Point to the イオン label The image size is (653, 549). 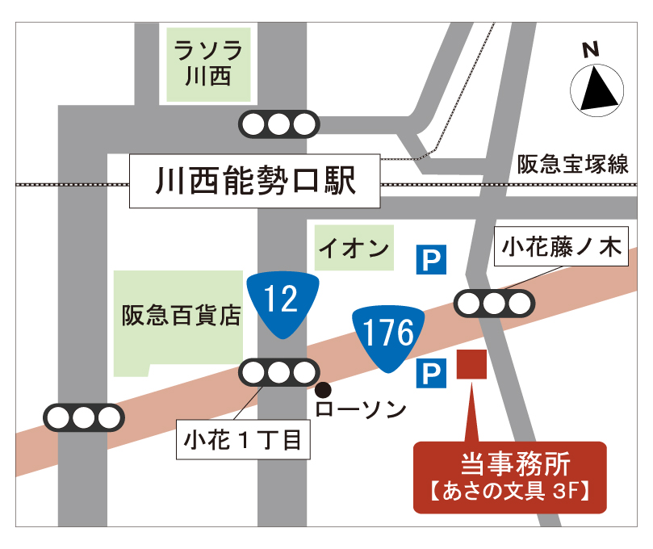[354, 248]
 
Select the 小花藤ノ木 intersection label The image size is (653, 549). [562, 249]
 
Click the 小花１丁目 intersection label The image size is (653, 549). [242, 440]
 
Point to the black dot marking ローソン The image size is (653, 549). [322, 388]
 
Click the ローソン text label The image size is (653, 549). [361, 410]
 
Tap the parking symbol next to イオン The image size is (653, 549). [430, 260]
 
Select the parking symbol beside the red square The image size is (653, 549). [430, 373]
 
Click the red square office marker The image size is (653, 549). [471, 364]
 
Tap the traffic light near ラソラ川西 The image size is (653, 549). [278, 124]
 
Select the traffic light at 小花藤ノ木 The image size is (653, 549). [494, 304]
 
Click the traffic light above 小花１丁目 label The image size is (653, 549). [278, 372]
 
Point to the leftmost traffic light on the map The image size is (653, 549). [83, 417]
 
